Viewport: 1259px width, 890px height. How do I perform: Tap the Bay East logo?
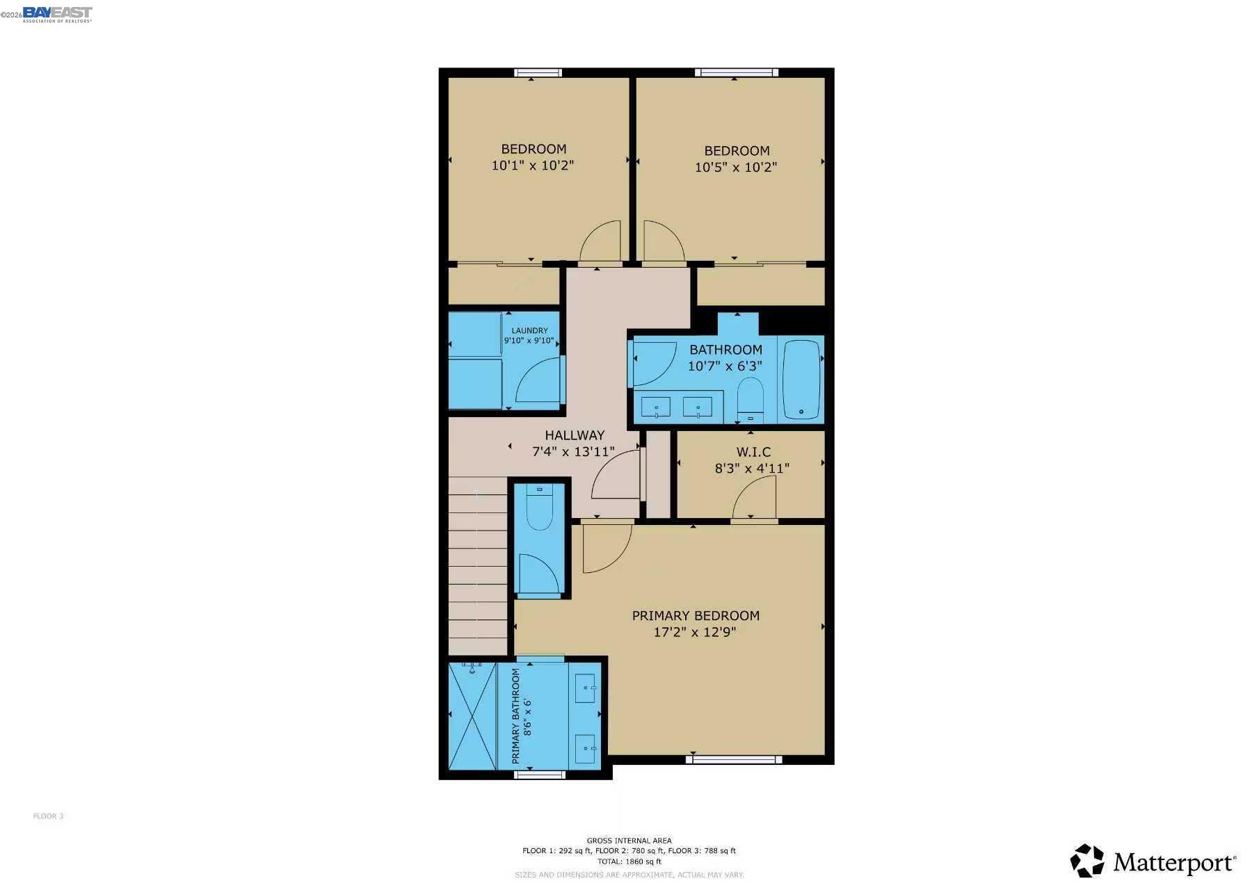[57, 14]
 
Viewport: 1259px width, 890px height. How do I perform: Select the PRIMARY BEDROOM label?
[695, 615]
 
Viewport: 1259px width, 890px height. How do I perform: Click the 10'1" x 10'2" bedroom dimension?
[532, 165]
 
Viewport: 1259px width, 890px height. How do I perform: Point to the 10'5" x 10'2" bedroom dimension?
[735, 167]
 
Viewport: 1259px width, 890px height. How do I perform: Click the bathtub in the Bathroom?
[801, 379]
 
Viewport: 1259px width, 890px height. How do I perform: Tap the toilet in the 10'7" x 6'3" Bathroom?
[750, 398]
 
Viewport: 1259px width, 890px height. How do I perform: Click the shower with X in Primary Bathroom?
[472, 715]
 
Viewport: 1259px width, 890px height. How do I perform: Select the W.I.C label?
[753, 452]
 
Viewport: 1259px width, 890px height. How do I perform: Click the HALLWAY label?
[575, 435]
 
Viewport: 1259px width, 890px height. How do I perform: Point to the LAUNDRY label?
[529, 331]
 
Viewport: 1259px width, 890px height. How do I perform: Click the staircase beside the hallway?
[477, 567]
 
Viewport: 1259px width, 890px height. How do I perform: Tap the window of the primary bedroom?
[733, 760]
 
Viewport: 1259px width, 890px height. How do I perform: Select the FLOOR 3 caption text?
[48, 816]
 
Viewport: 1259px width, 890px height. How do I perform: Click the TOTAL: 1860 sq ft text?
[629, 861]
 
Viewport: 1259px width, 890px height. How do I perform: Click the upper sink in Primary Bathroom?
[585, 688]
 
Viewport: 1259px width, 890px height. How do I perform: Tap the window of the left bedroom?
[538, 72]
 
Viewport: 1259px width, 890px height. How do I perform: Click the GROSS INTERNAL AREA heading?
[629, 841]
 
